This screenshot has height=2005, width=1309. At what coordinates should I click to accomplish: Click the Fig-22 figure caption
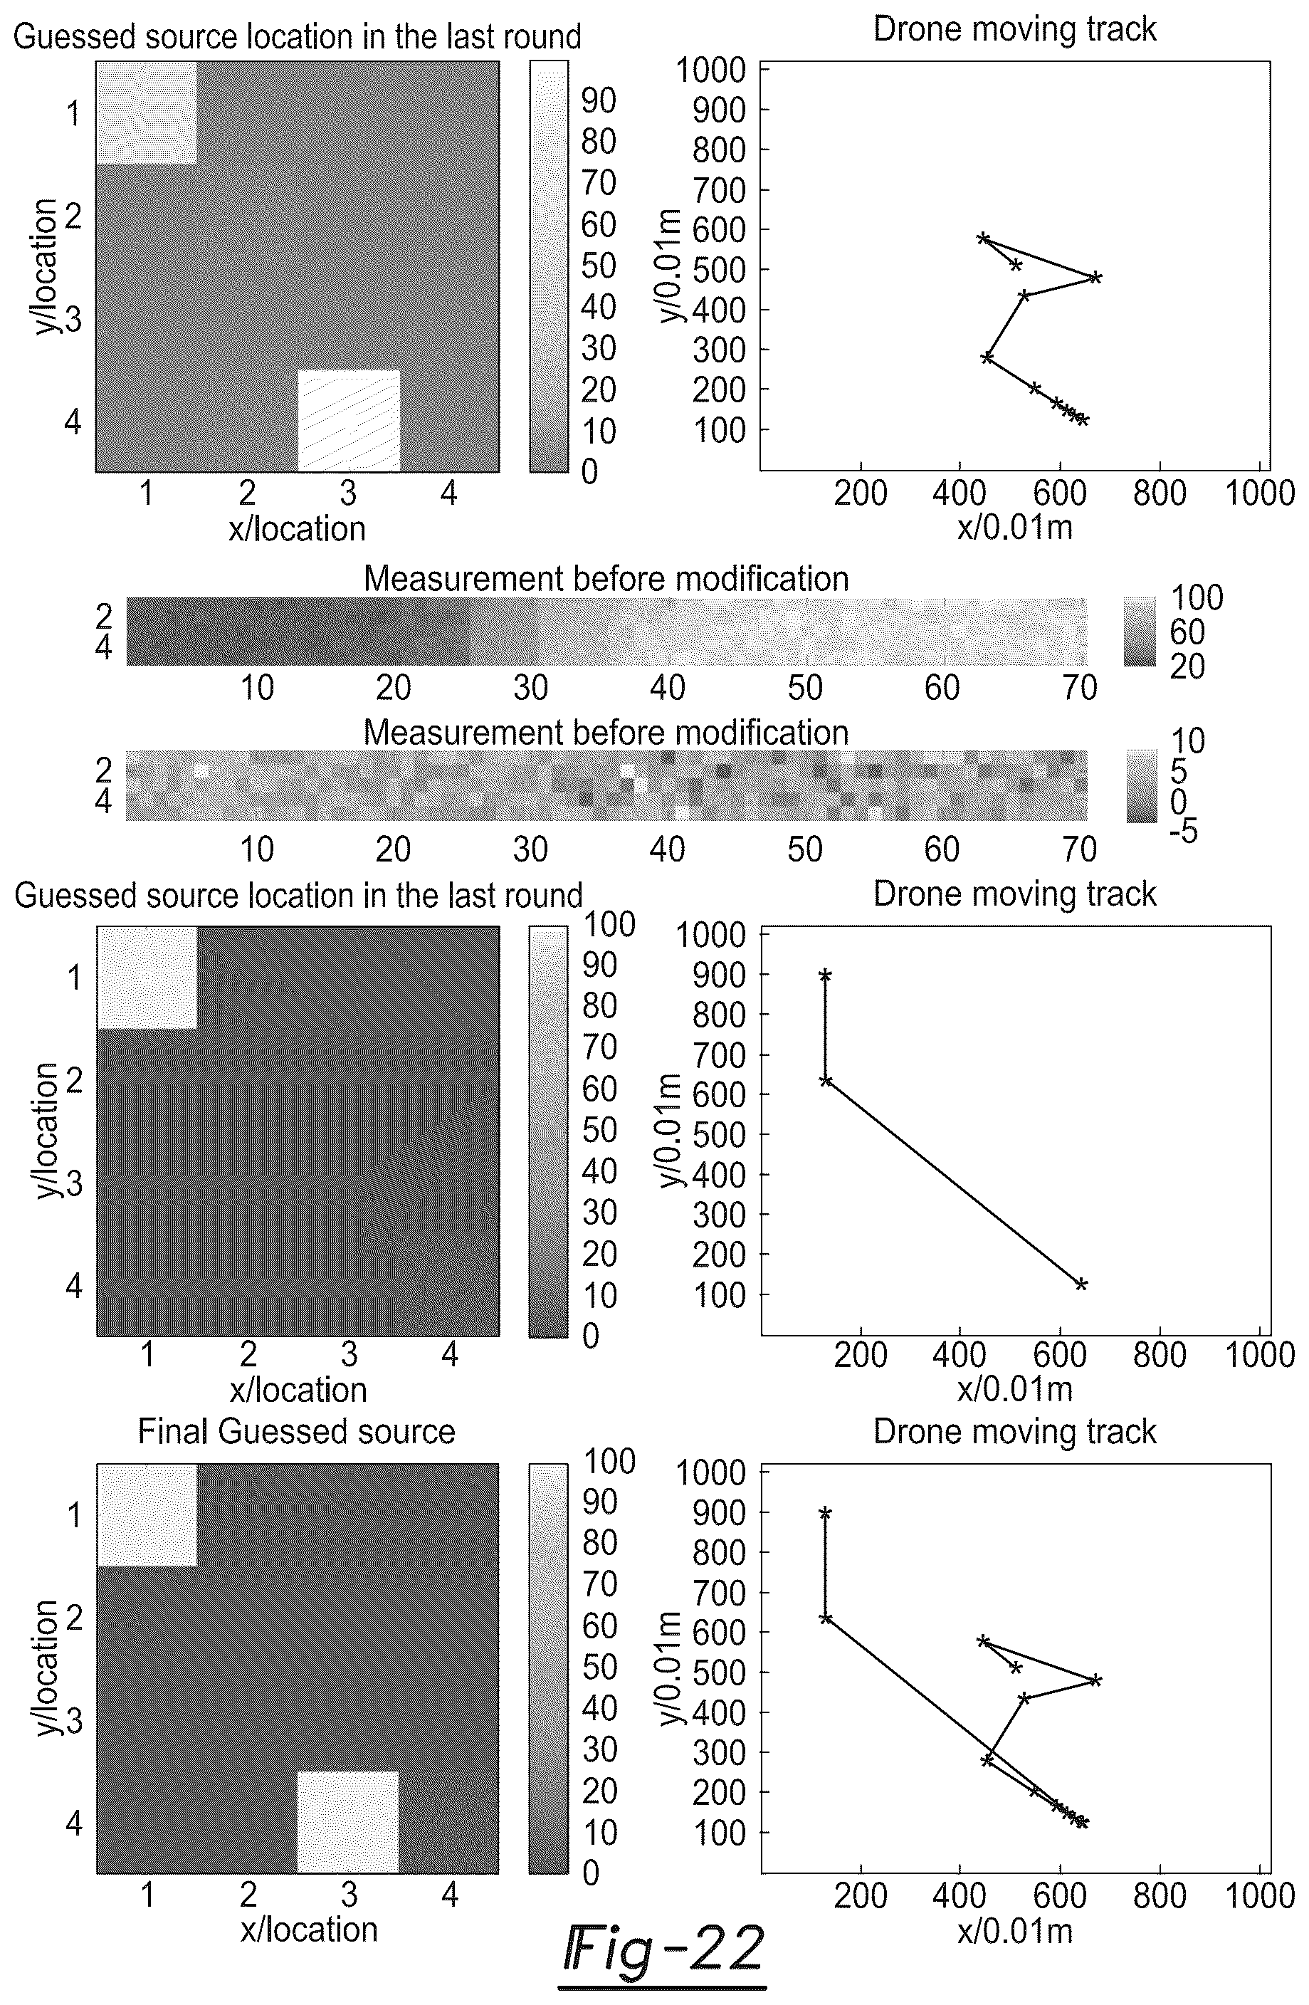pyautogui.click(x=663, y=1948)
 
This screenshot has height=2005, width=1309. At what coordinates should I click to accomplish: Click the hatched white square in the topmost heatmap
pyautogui.click(x=349, y=419)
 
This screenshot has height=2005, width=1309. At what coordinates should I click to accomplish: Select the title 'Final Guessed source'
pyautogui.click(x=297, y=1430)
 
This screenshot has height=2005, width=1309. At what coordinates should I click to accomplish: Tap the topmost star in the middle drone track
pyautogui.click(x=826, y=975)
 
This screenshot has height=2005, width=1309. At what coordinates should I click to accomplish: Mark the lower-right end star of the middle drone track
pyautogui.click(x=1081, y=1284)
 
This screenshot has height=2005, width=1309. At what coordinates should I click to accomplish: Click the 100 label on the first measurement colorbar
pyautogui.click(x=1196, y=597)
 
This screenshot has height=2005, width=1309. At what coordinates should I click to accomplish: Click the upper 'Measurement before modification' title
pyautogui.click(x=606, y=579)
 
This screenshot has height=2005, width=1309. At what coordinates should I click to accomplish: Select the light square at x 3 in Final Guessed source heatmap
pyautogui.click(x=348, y=1822)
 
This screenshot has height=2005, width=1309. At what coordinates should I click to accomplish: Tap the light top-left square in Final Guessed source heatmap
pyautogui.click(x=147, y=1514)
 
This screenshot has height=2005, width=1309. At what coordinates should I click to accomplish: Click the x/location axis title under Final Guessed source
pyautogui.click(x=309, y=1930)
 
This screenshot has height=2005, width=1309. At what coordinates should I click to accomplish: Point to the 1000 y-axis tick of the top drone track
pyautogui.click(x=711, y=69)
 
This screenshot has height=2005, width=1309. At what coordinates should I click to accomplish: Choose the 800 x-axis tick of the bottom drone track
pyautogui.click(x=1160, y=1895)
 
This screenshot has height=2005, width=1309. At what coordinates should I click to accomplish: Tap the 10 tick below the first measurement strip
pyautogui.click(x=257, y=689)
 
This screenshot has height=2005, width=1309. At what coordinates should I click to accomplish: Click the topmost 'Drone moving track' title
pyautogui.click(x=1014, y=28)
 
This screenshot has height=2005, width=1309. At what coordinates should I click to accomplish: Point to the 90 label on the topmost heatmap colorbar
pyautogui.click(x=599, y=100)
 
